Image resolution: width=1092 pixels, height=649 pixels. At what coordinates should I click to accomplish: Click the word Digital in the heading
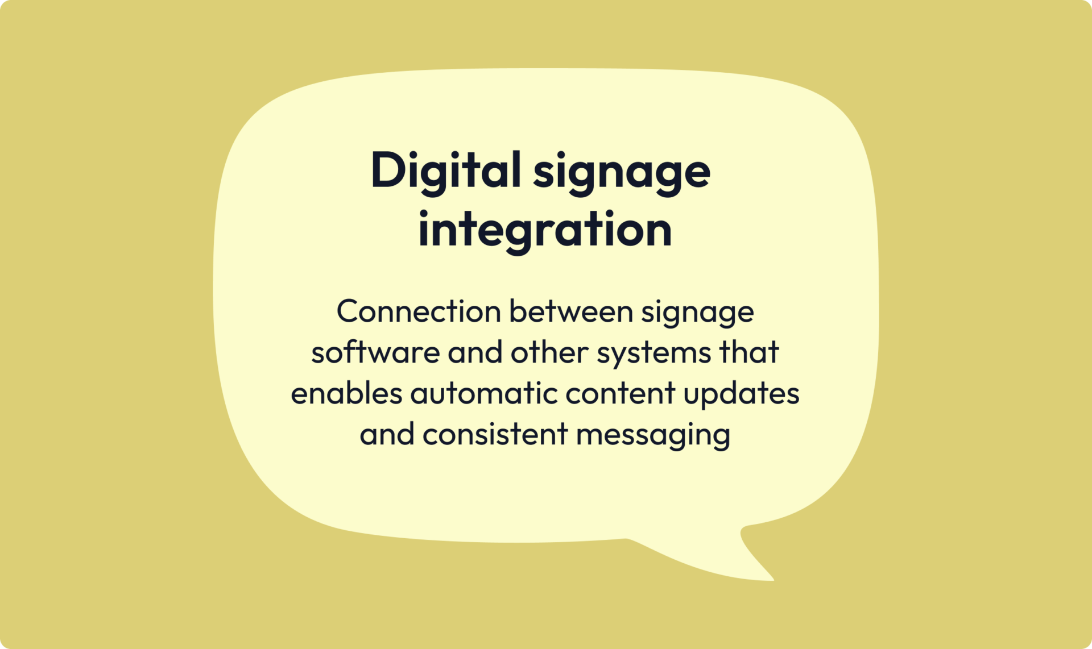pos(445,170)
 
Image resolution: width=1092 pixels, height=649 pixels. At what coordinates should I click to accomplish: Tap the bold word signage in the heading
pos(622,172)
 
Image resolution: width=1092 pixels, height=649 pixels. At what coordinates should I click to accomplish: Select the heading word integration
pos(545,230)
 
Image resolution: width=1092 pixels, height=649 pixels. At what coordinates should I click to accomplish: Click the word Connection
pos(419,311)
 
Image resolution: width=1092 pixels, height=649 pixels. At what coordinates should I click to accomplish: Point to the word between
pos(570,311)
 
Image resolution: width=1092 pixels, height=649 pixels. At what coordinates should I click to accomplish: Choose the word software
pos(375,352)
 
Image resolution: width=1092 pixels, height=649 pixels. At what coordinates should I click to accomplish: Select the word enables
pos(346,393)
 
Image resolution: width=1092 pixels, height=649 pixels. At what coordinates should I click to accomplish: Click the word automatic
pos(484,393)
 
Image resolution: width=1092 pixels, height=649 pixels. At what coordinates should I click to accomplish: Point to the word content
pos(621,393)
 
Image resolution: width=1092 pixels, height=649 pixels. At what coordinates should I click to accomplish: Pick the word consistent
pos(495,434)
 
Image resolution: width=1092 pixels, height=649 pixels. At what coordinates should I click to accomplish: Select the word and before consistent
pos(387,434)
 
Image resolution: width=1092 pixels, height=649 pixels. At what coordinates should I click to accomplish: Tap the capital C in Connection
pos(348,311)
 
